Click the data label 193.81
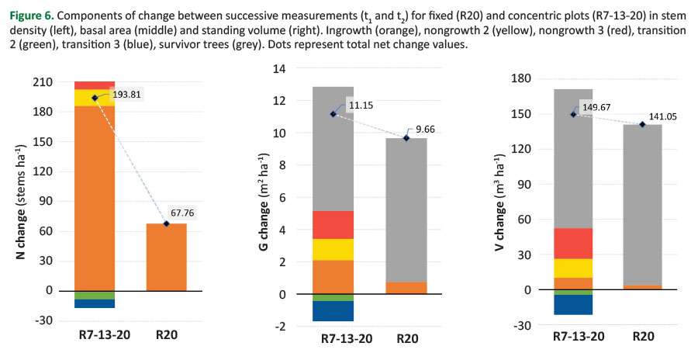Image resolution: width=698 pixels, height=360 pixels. [x=127, y=95]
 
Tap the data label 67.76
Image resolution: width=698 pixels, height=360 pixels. [x=182, y=213]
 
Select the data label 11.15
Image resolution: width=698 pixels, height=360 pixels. [x=361, y=106]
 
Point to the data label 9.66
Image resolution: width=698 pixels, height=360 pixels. [x=425, y=130]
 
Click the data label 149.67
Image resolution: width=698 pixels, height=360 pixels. [x=596, y=107]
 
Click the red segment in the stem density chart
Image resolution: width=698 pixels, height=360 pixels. [x=95, y=85]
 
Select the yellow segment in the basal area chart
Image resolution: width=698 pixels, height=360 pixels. [x=333, y=250]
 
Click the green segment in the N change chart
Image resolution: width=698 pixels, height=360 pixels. [x=95, y=295]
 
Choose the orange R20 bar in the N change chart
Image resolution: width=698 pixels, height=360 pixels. [x=167, y=257]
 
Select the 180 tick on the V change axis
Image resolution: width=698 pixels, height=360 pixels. [x=521, y=78]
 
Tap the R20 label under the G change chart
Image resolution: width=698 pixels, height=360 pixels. [x=407, y=338]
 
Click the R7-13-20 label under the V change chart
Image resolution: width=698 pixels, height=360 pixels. [x=579, y=337]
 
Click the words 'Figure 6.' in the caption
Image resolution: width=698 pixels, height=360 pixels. [x=32, y=16]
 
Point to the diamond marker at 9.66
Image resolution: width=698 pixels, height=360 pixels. [x=406, y=138]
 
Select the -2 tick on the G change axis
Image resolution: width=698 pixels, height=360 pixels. [x=282, y=327]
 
